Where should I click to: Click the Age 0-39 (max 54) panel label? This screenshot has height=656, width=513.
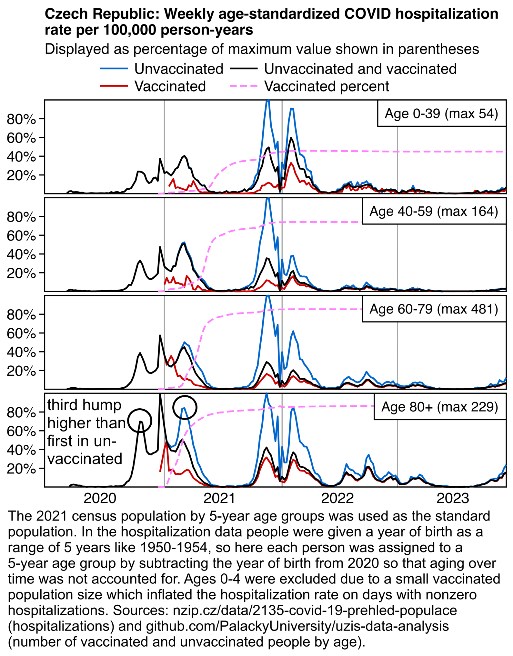click(x=441, y=114)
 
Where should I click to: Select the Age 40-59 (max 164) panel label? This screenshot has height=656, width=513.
click(x=434, y=211)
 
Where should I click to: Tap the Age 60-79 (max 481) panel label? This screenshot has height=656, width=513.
click(x=434, y=309)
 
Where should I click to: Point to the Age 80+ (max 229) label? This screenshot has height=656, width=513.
click(x=439, y=407)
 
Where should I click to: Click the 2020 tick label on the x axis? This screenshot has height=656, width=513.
click(x=100, y=498)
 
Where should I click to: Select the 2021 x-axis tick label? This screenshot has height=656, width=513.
click(x=219, y=498)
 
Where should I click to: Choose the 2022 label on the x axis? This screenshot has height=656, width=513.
click(x=337, y=498)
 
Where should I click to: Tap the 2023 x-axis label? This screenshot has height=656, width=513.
click(x=452, y=498)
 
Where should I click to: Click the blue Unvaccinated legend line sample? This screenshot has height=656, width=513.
click(x=114, y=69)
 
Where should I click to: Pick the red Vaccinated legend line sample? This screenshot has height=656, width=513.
click(x=114, y=86)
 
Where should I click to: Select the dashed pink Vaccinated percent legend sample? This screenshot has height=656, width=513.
click(x=244, y=86)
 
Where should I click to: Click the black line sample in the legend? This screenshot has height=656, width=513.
click(x=244, y=69)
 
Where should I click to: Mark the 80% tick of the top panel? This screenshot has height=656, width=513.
click(x=21, y=119)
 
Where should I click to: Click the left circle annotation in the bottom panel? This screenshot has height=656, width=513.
click(x=140, y=421)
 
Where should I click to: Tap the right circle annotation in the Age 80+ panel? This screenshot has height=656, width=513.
click(x=185, y=407)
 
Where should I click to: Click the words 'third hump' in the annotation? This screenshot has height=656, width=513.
click(x=84, y=405)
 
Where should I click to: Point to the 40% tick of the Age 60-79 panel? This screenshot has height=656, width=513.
click(x=21, y=352)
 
